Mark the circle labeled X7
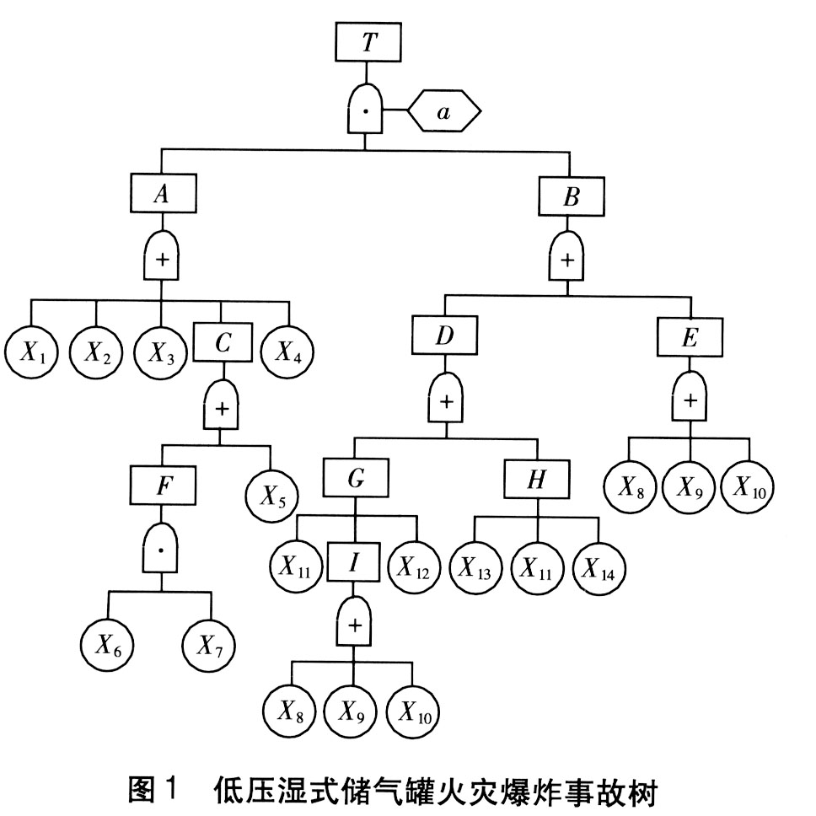pos(210,647)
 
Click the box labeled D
pos(446,336)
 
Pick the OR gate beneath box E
pos(690,399)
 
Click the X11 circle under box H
pos(537,566)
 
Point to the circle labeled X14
pos(599,566)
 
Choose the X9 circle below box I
pos(352,712)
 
